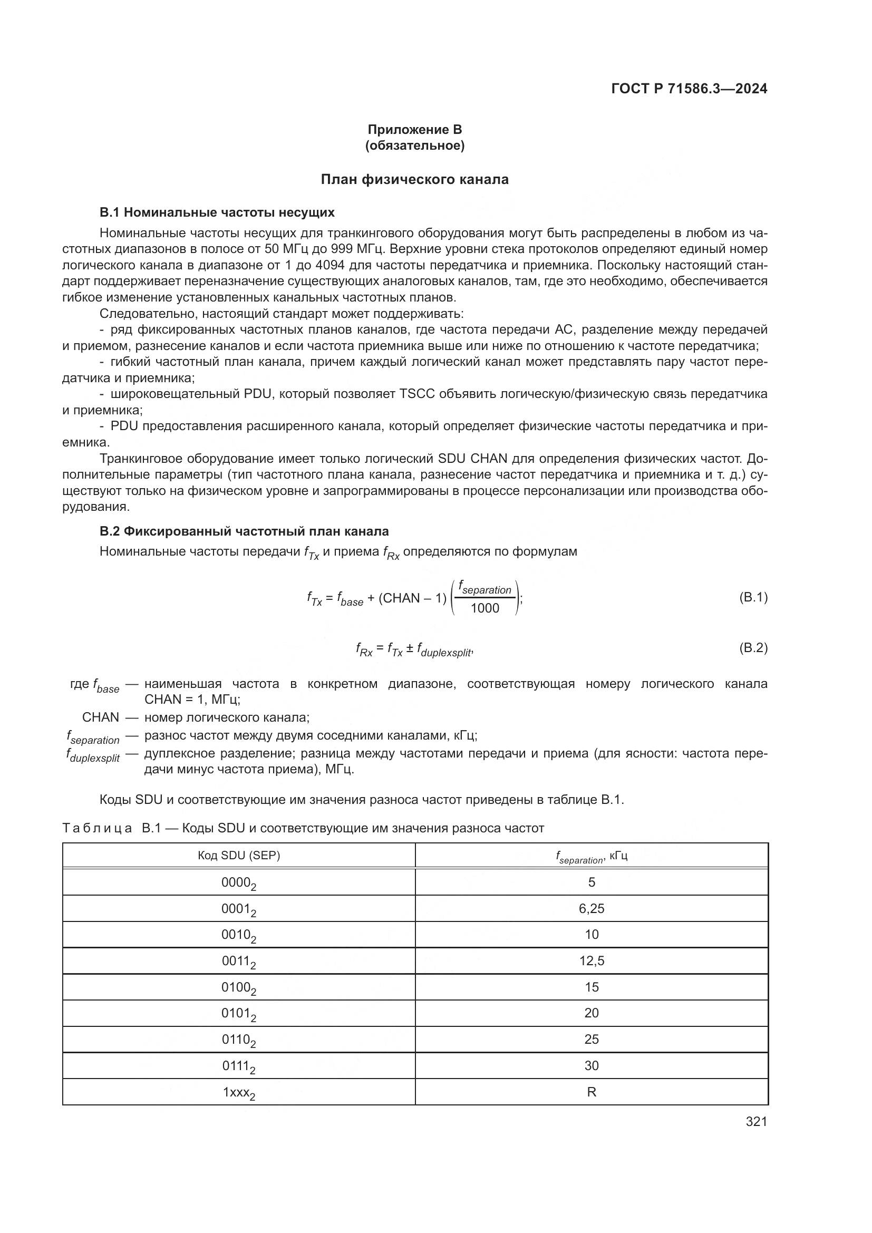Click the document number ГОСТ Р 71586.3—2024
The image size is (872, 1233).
click(x=689, y=89)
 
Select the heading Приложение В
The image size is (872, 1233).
click(x=414, y=130)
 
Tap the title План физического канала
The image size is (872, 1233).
click(x=414, y=179)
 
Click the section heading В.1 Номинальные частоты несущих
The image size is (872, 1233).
click(x=217, y=212)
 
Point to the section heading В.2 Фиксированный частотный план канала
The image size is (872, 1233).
click(x=244, y=531)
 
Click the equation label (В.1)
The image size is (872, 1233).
click(x=753, y=597)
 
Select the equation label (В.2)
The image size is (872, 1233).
click(x=753, y=648)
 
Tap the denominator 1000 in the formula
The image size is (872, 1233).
click(x=485, y=608)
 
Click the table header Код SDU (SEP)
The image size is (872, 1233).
click(x=239, y=856)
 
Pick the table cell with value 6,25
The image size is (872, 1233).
click(x=592, y=909)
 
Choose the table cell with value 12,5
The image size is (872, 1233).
click(x=592, y=961)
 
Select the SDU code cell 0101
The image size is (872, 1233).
click(x=239, y=1014)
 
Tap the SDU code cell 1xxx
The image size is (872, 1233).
click(x=239, y=1092)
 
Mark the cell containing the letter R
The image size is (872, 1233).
click(x=592, y=1092)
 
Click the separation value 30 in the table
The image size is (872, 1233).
click(x=592, y=1065)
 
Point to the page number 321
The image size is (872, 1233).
click(x=756, y=1122)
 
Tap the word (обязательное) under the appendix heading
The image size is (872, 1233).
click(x=414, y=145)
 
